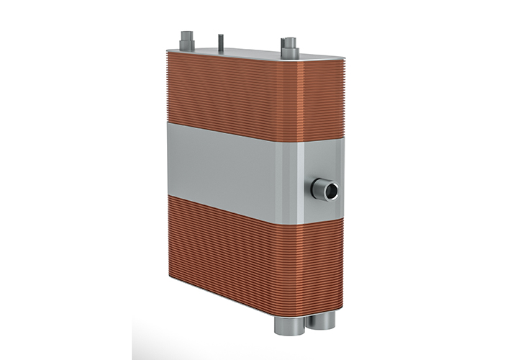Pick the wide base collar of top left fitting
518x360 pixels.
click(186, 46)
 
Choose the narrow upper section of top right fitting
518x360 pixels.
click(289, 42)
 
